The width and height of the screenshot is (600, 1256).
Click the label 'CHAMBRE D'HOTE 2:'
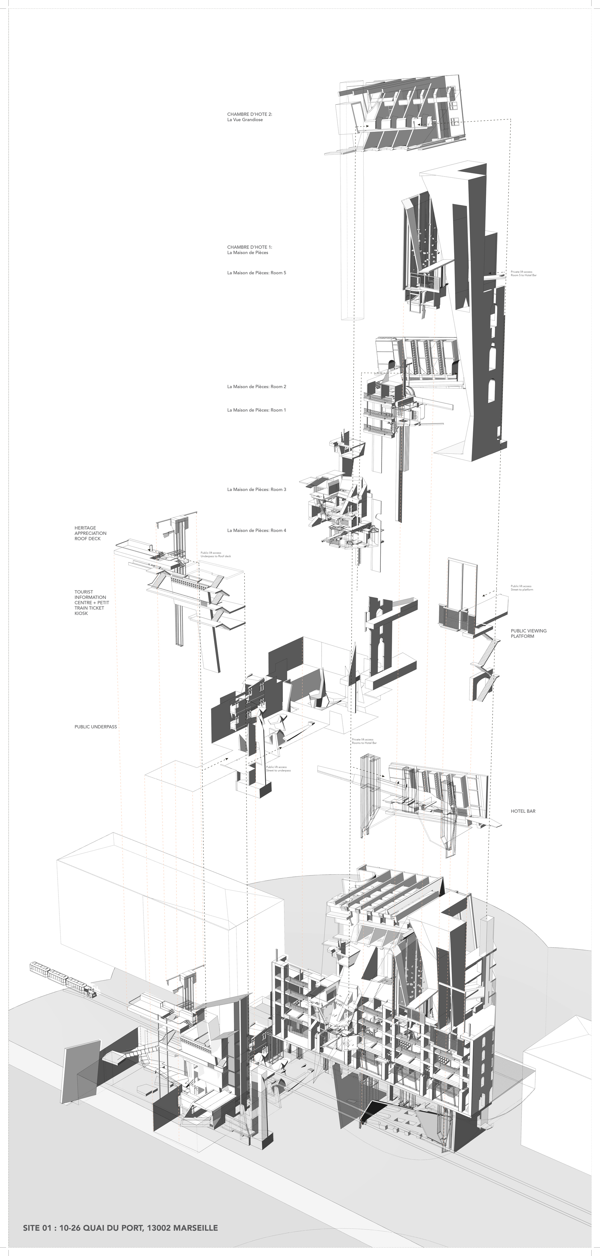click(x=250, y=114)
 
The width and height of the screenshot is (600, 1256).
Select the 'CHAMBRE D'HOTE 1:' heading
click(x=250, y=247)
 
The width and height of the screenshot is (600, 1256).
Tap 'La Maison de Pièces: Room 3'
click(x=256, y=489)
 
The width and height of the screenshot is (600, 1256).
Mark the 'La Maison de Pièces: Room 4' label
click(x=256, y=530)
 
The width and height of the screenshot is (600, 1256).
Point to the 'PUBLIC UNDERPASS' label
click(x=95, y=727)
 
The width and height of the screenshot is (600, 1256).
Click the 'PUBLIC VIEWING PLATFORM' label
click(x=528, y=633)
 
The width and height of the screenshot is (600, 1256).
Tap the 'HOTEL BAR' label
click(x=523, y=811)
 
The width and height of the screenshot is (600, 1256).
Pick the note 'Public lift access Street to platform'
click(x=521, y=588)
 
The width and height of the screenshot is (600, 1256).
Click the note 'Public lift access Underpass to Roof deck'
click(x=216, y=554)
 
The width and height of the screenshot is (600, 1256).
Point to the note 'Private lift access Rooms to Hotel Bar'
click(x=364, y=741)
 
